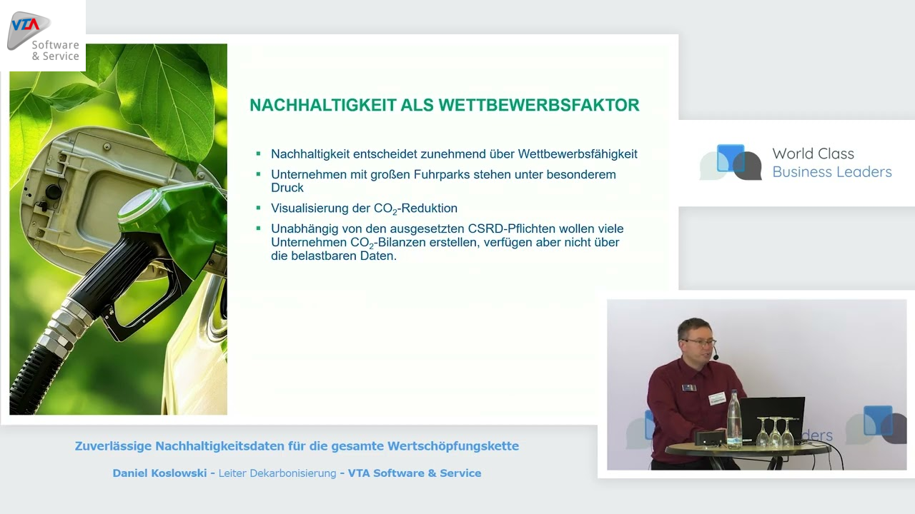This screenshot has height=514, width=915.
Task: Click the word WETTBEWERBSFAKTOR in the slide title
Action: (x=539, y=105)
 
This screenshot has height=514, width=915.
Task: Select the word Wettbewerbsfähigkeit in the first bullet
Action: (x=577, y=154)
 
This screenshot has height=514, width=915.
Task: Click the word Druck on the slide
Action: (x=287, y=188)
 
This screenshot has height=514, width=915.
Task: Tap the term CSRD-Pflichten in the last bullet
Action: (x=511, y=229)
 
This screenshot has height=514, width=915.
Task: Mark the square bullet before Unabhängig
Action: (x=258, y=228)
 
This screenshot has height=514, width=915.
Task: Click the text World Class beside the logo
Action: (x=813, y=153)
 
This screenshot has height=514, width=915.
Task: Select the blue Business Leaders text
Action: (x=831, y=172)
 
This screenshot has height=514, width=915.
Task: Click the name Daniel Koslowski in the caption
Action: (x=159, y=473)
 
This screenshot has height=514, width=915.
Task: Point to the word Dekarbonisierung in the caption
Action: (x=292, y=473)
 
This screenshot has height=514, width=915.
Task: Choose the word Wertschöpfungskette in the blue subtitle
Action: (x=453, y=446)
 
